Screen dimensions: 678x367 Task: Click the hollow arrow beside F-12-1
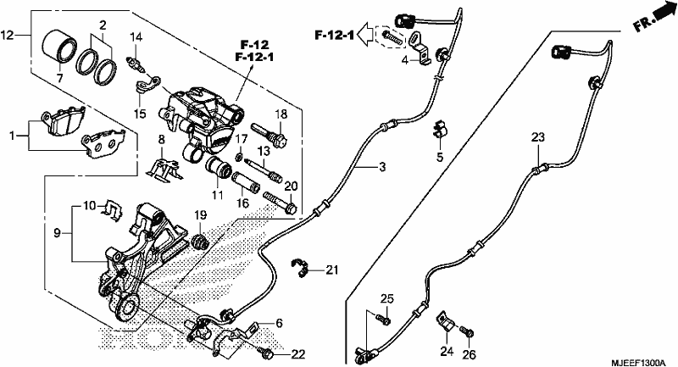[367, 34]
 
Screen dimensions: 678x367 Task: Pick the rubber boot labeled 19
[200, 242]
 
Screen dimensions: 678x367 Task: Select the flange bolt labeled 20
[280, 203]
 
